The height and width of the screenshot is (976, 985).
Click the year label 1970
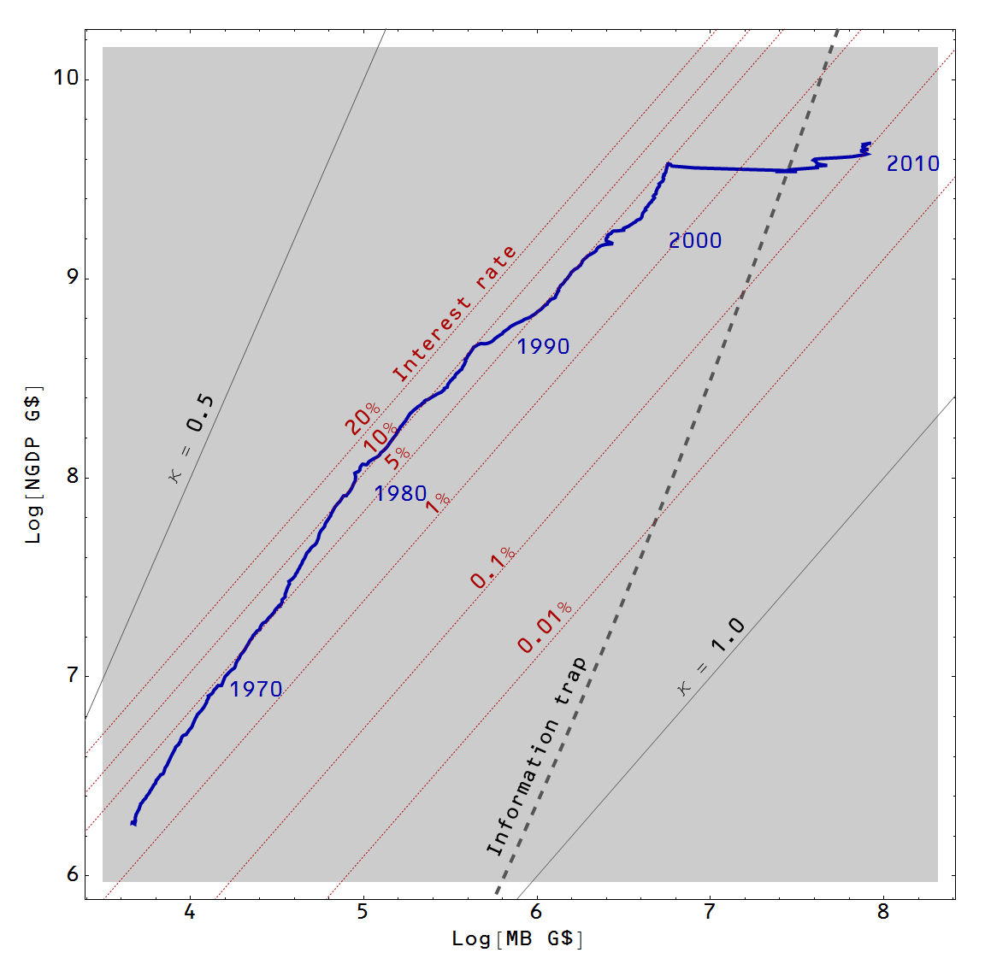(256, 689)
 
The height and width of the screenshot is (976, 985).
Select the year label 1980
(400, 494)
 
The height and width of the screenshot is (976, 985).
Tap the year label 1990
(543, 346)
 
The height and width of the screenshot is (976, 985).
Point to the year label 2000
(694, 241)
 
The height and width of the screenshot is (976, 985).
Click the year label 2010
(912, 164)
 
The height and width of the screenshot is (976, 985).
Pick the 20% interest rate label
(363, 418)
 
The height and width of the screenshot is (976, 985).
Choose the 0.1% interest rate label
(493, 567)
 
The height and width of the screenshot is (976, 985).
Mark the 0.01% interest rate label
(545, 627)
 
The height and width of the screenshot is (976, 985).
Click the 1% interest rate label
(439, 502)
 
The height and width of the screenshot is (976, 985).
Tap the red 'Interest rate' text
(454, 314)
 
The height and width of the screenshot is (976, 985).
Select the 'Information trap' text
(536, 756)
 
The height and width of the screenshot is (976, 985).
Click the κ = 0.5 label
(192, 438)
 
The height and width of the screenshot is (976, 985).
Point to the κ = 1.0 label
(711, 656)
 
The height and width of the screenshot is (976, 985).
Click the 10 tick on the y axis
(65, 78)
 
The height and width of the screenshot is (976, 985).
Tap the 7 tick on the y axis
(71, 676)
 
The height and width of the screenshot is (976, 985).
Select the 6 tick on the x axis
(536, 912)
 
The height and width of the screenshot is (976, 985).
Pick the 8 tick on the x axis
(883, 912)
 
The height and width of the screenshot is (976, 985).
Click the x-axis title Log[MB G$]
(518, 939)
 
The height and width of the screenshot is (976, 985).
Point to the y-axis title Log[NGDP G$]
(33, 465)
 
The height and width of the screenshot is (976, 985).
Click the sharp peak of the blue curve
(668, 164)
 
